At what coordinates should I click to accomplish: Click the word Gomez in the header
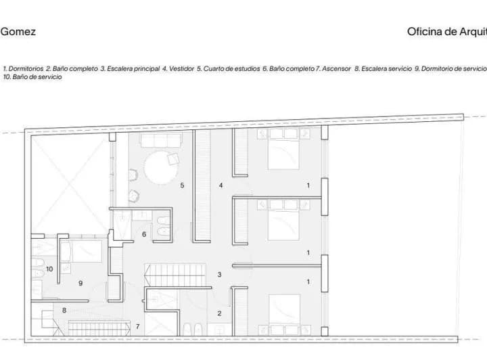[18, 32]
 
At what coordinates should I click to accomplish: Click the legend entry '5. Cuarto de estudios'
[229, 68]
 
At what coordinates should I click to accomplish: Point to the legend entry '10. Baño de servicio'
[32, 76]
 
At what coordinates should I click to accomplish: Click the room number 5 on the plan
[182, 185]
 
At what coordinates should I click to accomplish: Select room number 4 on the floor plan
[221, 185]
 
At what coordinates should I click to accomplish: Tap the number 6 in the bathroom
[144, 234]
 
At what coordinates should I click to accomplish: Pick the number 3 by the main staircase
[219, 275]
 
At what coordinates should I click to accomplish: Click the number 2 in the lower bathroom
[219, 313]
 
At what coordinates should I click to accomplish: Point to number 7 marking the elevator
[137, 326]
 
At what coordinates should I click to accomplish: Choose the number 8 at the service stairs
[64, 311]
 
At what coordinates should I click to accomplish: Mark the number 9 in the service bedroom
[80, 284]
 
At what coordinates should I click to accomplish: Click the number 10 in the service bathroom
[49, 269]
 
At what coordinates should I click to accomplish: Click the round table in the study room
[161, 167]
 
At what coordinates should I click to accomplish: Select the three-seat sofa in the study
[161, 140]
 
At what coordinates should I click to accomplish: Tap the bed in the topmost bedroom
[284, 149]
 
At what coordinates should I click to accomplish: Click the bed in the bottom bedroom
[285, 315]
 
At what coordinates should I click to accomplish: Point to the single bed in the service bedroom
[81, 251]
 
